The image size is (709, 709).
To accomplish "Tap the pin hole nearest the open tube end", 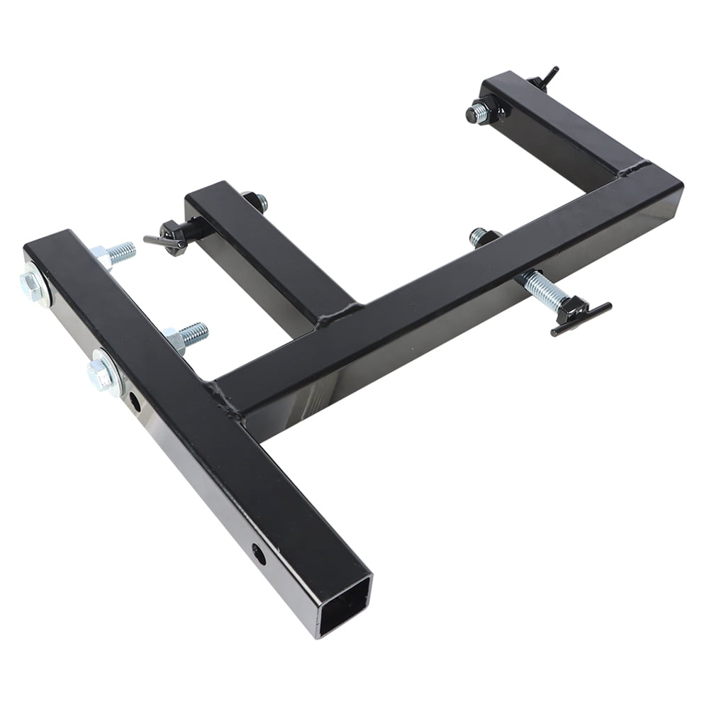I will (259, 552).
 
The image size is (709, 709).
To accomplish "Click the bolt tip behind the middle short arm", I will (258, 201).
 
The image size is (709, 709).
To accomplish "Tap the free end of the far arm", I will (500, 82).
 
